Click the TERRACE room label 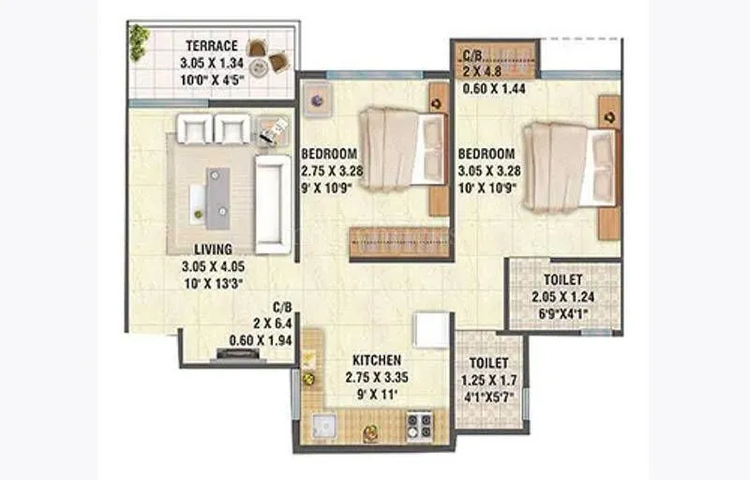[212, 46]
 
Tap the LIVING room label [214, 250]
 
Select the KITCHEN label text [377, 360]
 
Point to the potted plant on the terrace [139, 38]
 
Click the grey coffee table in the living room [218, 194]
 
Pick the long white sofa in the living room [273, 203]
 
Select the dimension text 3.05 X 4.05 [214, 265]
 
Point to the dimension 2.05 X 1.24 [563, 296]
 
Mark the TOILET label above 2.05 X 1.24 [563, 280]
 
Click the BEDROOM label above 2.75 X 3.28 [329, 154]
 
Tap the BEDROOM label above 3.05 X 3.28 [487, 154]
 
